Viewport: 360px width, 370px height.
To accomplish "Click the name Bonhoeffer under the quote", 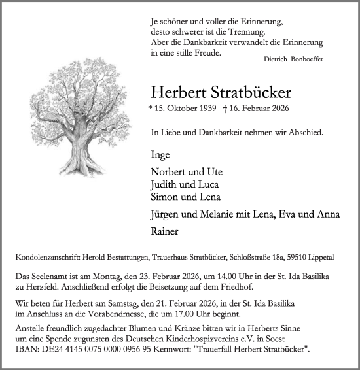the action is [307, 59].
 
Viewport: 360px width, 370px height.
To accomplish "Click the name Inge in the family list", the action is [160, 155].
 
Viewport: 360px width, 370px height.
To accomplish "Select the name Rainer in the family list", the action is [164, 231].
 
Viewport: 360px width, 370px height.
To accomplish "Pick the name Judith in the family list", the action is [163, 185].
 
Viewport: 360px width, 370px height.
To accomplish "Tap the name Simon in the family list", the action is [162, 197].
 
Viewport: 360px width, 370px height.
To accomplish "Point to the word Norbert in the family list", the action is [167, 173].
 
